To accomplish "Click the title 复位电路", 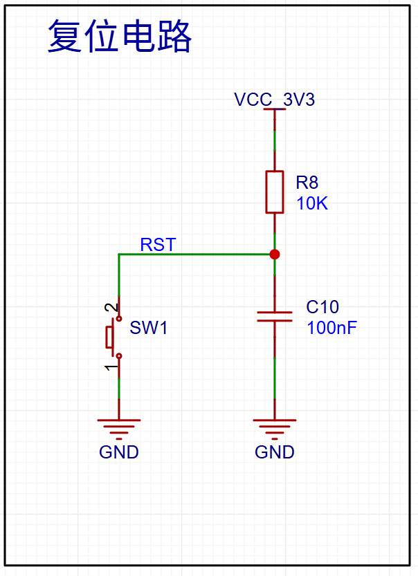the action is [120, 37].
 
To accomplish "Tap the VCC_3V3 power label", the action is [274, 100].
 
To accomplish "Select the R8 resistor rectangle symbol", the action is [275, 192].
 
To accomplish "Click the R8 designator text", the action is [307, 183].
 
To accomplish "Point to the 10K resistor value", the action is [311, 203].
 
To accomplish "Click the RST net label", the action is [158, 245].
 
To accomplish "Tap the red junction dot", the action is [275, 254].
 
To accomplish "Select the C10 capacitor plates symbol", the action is [275, 317].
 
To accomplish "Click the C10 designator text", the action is [322, 307].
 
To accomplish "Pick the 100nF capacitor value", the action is [331, 328].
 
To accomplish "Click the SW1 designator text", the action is [149, 328].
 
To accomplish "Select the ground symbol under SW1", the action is [119, 429].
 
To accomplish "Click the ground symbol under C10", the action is [275, 429].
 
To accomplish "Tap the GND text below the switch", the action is [119, 452].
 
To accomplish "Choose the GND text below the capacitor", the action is [275, 452].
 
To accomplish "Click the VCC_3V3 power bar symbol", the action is [275, 109].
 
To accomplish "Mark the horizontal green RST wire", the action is [197, 254].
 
